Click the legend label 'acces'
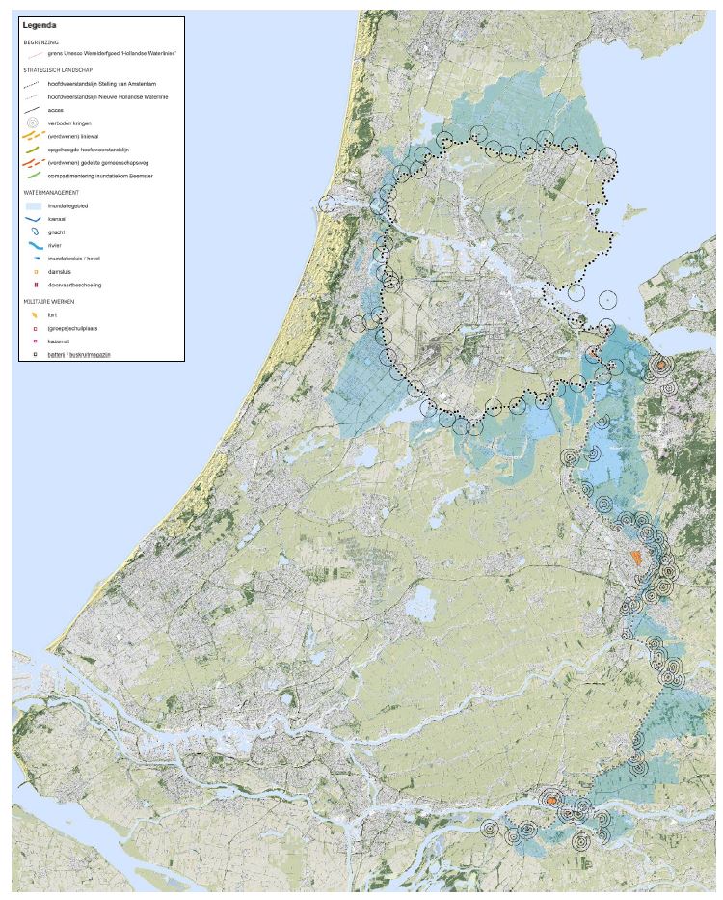(55, 111)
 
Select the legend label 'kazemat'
(61, 341)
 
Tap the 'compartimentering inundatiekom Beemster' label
(100, 177)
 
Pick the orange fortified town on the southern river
(549, 801)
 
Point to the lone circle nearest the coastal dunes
(327, 204)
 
